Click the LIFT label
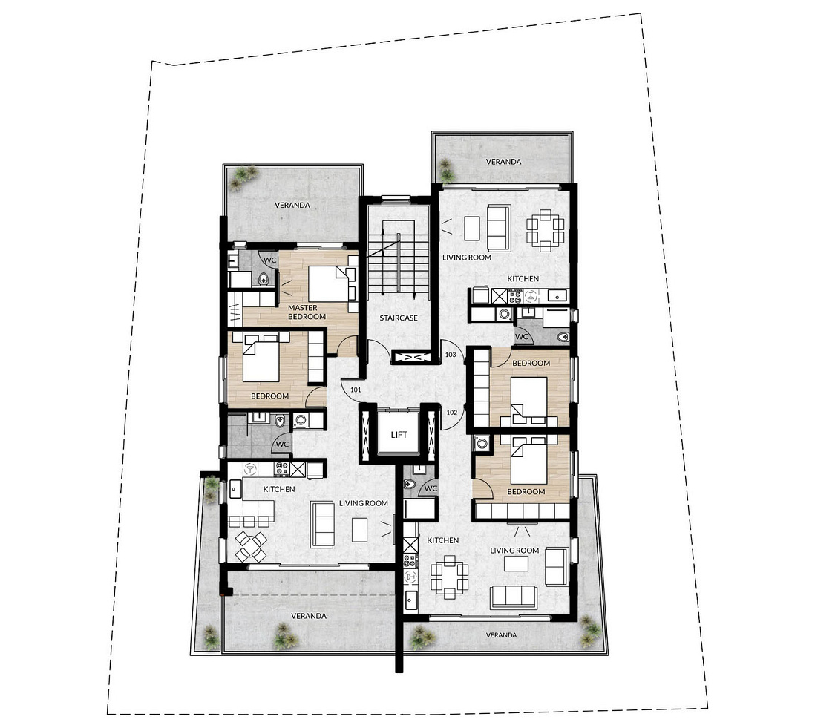point(399,434)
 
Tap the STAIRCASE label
point(398,318)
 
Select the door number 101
point(356,390)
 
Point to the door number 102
point(452,413)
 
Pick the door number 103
point(451,355)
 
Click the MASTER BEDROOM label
point(307,312)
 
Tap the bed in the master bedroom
point(333,283)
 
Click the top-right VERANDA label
point(503,162)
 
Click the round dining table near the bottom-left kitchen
point(251,546)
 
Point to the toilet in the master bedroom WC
point(264,279)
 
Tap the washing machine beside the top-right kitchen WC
point(504,314)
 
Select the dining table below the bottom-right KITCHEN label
point(449,577)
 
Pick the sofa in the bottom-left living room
point(322,525)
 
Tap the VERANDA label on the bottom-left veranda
point(309,616)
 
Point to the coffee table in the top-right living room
point(472,228)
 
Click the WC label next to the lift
point(431,488)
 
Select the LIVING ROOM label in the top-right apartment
point(467,258)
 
